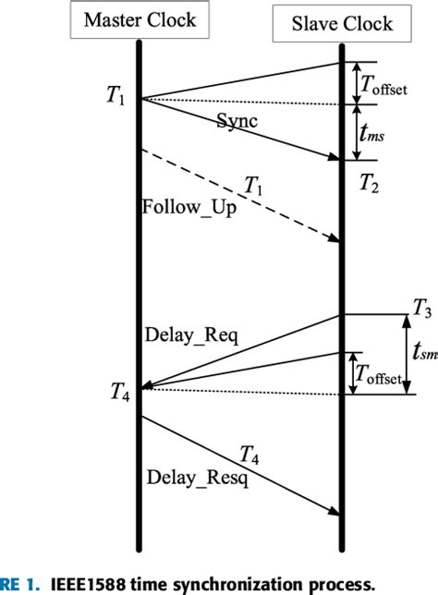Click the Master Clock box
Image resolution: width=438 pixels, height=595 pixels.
point(140,21)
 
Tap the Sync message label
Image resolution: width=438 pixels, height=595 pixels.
point(237,121)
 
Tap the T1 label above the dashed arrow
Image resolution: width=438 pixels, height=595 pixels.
point(253,188)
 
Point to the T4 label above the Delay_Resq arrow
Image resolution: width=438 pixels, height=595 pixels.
point(249,455)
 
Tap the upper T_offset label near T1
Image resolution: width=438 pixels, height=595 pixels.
point(385,85)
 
